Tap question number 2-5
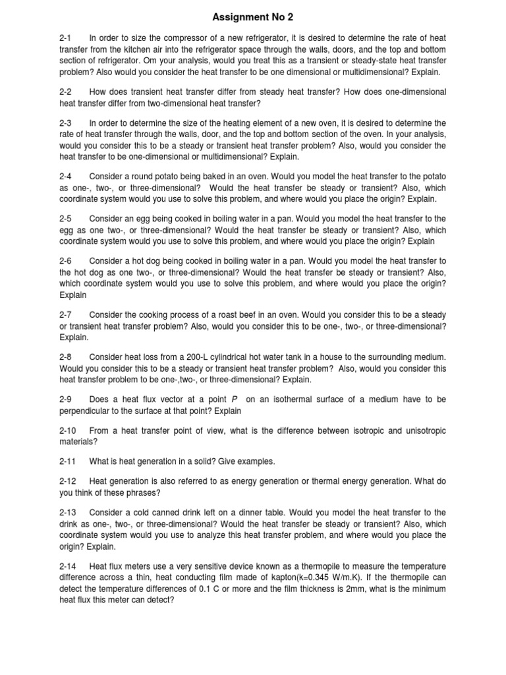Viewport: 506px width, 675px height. pos(66,218)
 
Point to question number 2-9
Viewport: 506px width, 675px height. pos(66,399)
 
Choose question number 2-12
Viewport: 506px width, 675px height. pos(68,481)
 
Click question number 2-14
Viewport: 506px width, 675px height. pos(68,566)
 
